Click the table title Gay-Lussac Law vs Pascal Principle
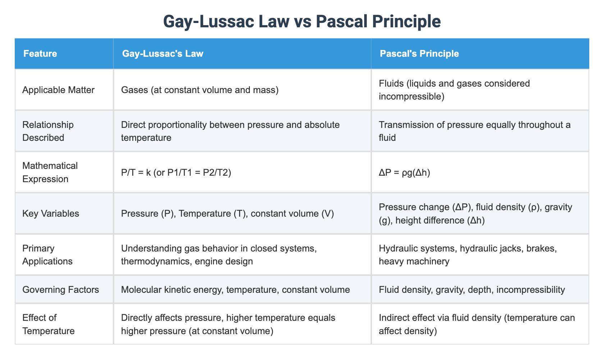[302, 21]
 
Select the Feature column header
[40, 54]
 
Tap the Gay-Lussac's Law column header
[163, 54]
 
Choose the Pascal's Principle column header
[419, 54]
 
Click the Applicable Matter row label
[58, 90]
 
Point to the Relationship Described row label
[48, 131]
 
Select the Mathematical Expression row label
[50, 172]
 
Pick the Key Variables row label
[50, 213]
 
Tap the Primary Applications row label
[47, 255]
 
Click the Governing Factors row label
[60, 290]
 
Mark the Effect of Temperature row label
[49, 324]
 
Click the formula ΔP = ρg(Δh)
[404, 173]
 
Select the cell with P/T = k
[176, 173]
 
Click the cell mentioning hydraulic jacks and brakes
[468, 255]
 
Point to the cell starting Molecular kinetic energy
[235, 290]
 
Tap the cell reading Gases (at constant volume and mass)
[200, 90]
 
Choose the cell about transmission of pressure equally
[475, 131]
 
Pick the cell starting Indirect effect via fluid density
[477, 324]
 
